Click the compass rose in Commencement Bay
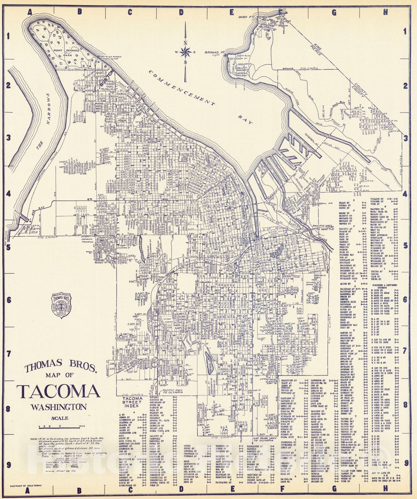(x=186, y=52)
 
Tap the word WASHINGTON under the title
(x=59, y=407)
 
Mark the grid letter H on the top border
(x=385, y=12)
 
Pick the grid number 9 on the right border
(x=405, y=463)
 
